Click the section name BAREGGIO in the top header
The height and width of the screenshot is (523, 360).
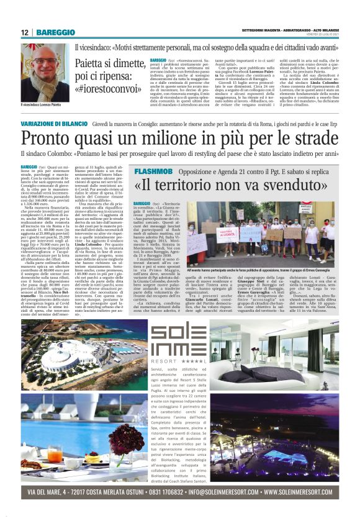(56, 32)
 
